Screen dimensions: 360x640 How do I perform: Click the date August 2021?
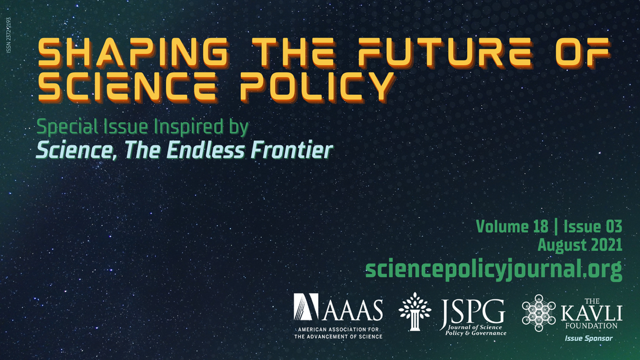(579, 245)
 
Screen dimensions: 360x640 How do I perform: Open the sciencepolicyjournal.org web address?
(493, 269)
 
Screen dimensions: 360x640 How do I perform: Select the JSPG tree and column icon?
(415, 312)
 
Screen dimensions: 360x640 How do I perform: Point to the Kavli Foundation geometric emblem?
(538, 313)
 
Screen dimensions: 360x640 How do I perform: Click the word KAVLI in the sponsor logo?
(591, 315)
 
